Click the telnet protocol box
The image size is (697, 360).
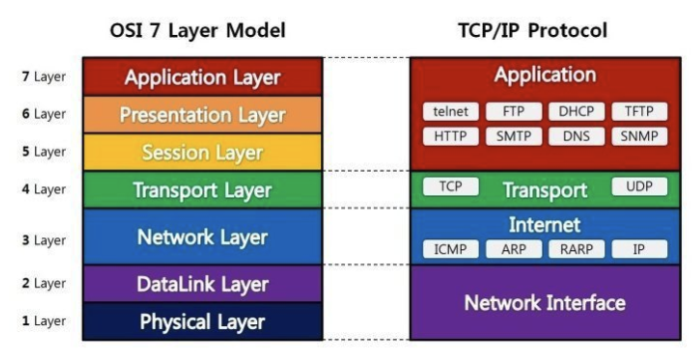click(x=451, y=112)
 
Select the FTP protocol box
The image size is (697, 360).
click(x=514, y=112)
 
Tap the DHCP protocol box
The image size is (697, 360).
click(x=576, y=112)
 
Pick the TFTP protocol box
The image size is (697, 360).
click(x=639, y=112)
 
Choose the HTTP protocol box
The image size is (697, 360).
click(x=451, y=136)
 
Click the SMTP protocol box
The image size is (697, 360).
click(x=514, y=136)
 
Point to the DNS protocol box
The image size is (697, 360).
click(x=576, y=136)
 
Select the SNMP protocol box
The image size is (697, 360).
click(x=639, y=136)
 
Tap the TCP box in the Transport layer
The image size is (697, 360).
click(x=451, y=186)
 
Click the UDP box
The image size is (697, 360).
click(x=639, y=186)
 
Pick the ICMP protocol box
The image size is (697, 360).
click(x=451, y=248)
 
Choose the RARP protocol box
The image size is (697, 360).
click(x=576, y=248)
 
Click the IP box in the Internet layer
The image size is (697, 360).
click(x=639, y=248)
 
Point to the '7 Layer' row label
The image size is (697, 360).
click(x=43, y=77)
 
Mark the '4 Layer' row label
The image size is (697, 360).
click(x=43, y=188)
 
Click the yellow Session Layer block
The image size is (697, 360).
click(x=202, y=153)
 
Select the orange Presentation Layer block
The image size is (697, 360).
click(x=202, y=115)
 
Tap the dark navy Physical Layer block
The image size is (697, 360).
click(x=202, y=321)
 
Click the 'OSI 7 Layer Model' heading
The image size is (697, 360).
click(x=197, y=31)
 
